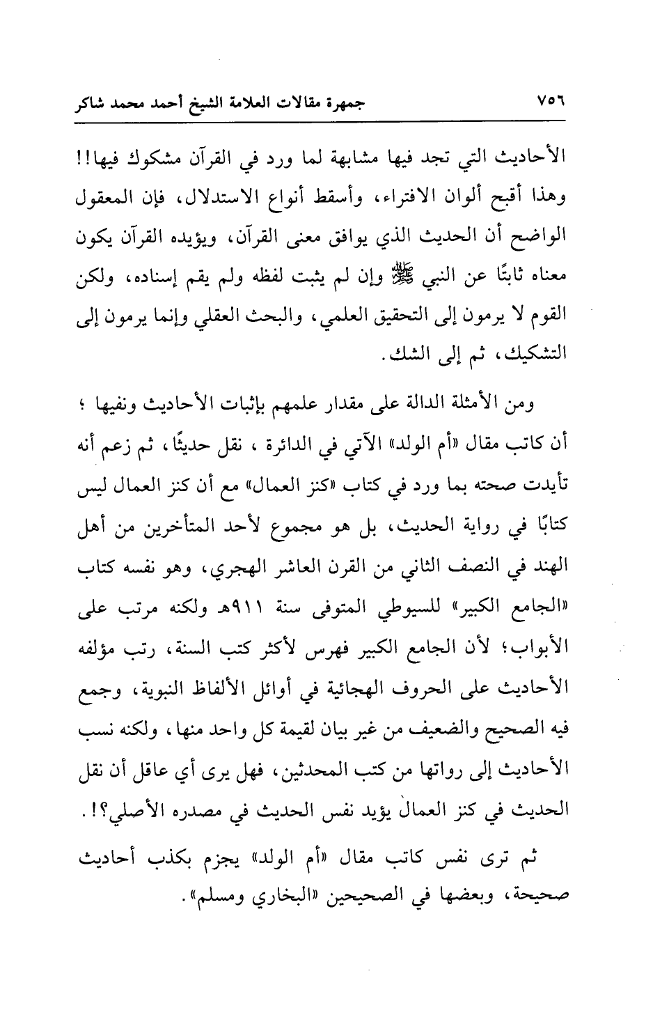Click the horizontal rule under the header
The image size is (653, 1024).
[x=326, y=124]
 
